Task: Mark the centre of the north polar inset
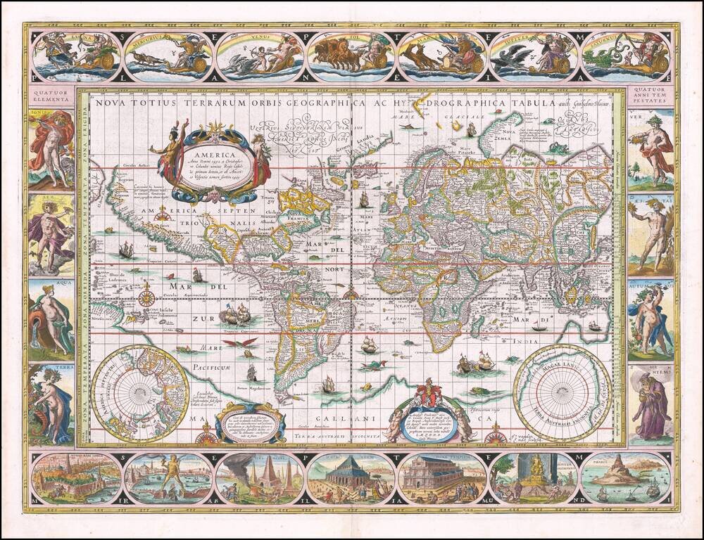coord(134,393)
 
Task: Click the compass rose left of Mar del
coord(146,297)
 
